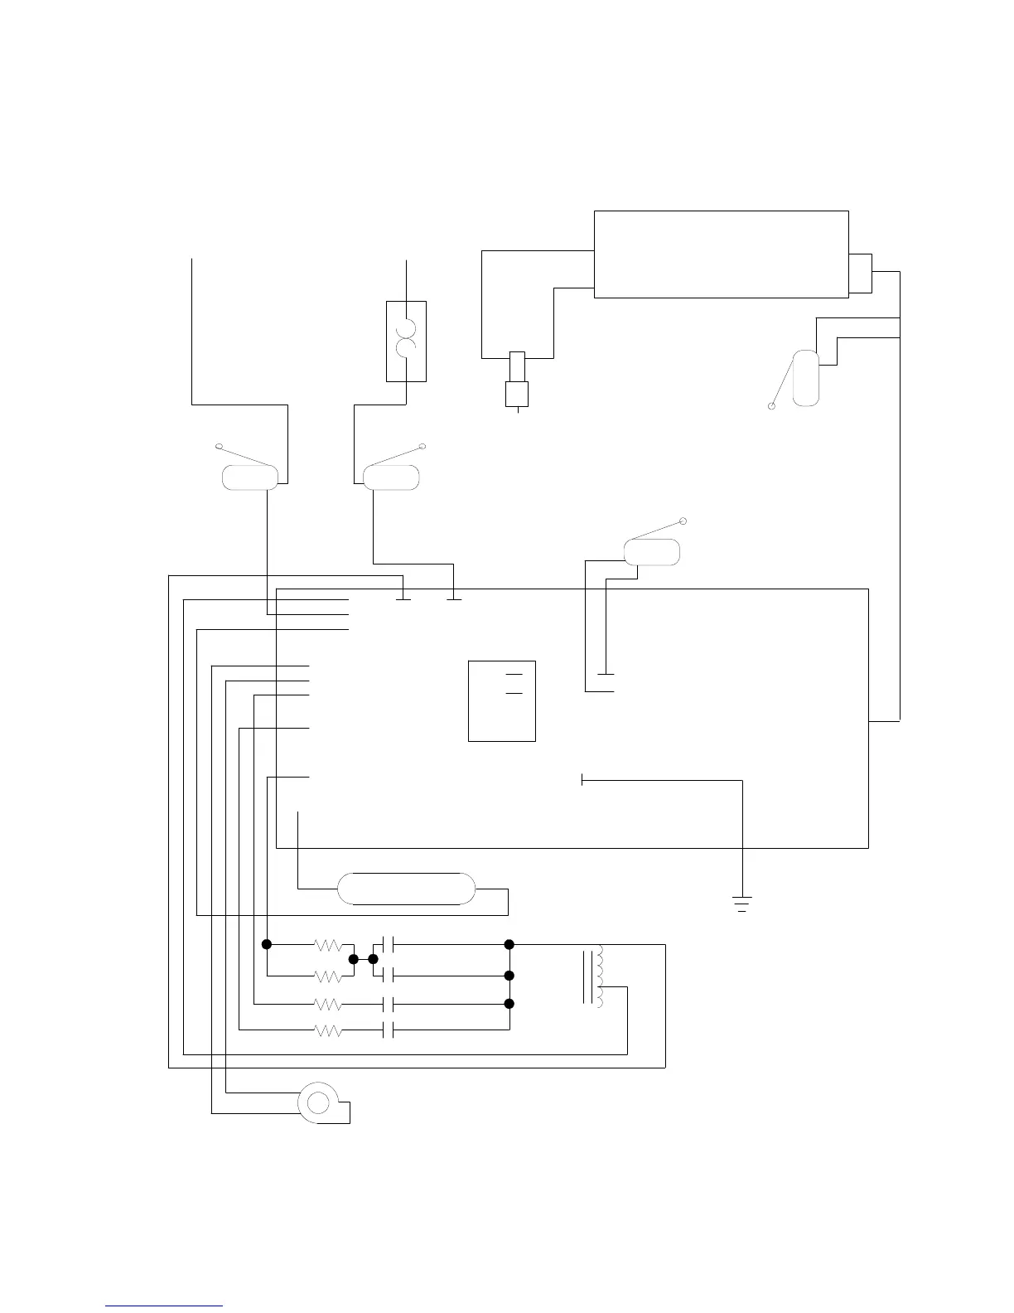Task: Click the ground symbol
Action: (742, 904)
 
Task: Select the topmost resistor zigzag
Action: (329, 944)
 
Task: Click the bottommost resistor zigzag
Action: (329, 1030)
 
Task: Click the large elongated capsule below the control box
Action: (407, 889)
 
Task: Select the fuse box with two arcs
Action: (406, 342)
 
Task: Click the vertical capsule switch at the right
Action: (805, 378)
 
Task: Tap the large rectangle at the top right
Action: (721, 254)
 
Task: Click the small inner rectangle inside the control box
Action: (501, 700)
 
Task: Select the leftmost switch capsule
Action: (249, 478)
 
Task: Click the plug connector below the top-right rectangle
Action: (516, 381)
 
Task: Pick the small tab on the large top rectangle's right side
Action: (860, 273)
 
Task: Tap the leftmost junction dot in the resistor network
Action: (267, 944)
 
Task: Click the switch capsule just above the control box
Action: (651, 552)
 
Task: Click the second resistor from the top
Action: (329, 976)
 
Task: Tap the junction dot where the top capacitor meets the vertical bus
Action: (509, 944)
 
